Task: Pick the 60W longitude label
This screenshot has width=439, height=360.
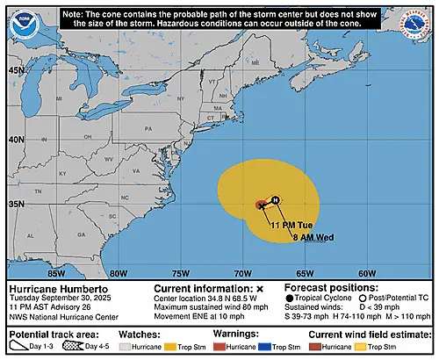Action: click(368, 273)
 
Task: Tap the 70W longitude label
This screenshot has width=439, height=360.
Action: click(244, 273)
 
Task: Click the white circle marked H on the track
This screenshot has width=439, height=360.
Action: click(275, 200)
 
